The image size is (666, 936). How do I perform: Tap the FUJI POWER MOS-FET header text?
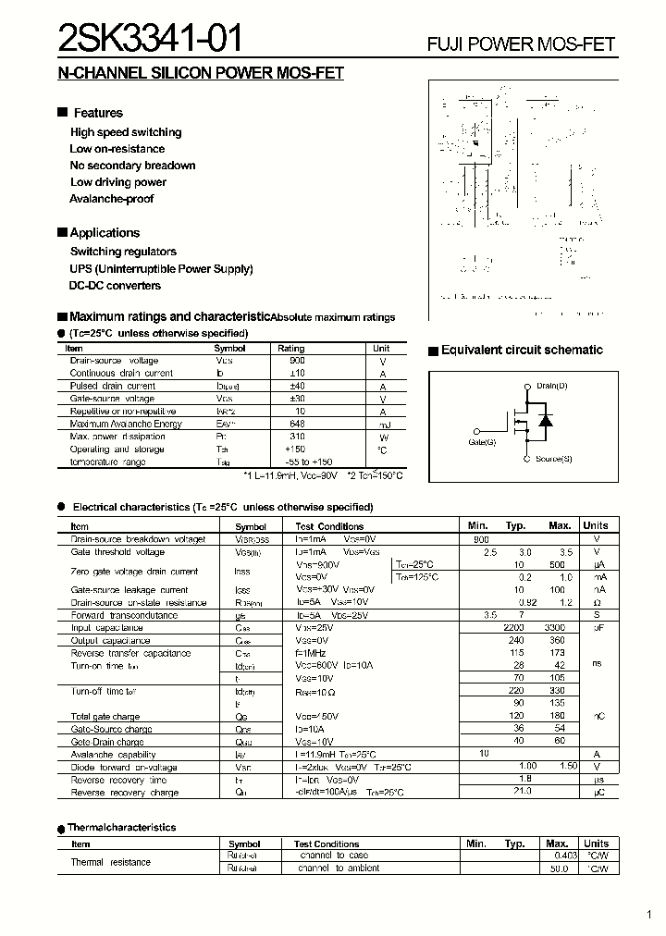[x=520, y=44]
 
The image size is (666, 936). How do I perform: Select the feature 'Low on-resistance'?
[x=117, y=149]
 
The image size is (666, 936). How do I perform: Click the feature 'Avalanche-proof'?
[x=112, y=199]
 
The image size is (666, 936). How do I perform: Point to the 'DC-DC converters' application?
[x=116, y=286]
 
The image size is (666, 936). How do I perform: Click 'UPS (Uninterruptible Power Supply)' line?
[x=162, y=269]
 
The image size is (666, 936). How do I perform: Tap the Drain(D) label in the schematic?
[x=551, y=385]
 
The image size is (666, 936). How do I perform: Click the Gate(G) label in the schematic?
[x=482, y=442]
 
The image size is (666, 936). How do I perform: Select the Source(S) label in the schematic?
[x=553, y=459]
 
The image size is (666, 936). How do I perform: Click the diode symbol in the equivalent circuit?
[x=545, y=422]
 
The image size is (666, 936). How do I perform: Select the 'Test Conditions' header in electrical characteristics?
[x=329, y=525]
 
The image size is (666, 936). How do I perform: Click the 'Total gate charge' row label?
[x=105, y=717]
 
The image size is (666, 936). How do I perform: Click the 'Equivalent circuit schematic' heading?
[x=522, y=351]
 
